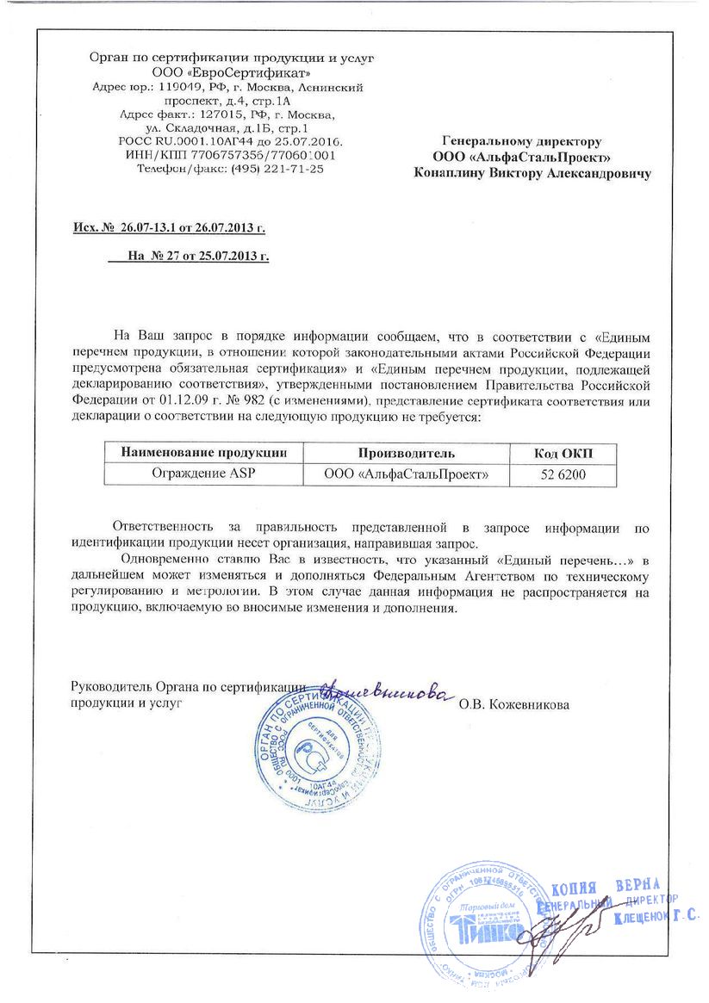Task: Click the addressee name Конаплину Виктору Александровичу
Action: [532, 174]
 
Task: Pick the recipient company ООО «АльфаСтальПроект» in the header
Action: [524, 158]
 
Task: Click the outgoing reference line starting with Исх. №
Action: [169, 228]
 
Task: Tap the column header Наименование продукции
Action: [203, 453]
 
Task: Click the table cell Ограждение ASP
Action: [203, 474]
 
